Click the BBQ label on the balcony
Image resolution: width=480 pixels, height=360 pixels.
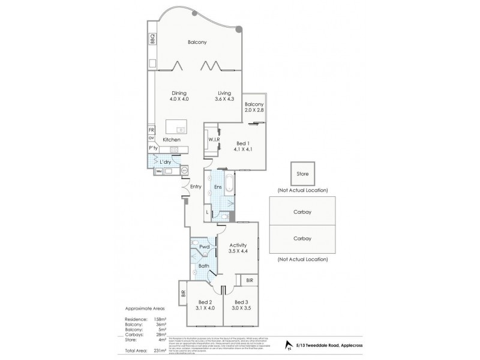click(152, 39)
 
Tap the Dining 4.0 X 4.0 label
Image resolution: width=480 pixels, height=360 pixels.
click(179, 97)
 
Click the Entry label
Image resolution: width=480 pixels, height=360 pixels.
click(196, 187)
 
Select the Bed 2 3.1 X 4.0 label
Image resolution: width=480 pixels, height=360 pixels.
click(205, 305)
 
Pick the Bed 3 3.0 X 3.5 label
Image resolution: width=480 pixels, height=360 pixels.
click(241, 305)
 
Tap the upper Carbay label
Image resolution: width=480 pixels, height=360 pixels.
click(302, 212)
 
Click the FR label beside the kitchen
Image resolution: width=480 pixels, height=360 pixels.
click(152, 130)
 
